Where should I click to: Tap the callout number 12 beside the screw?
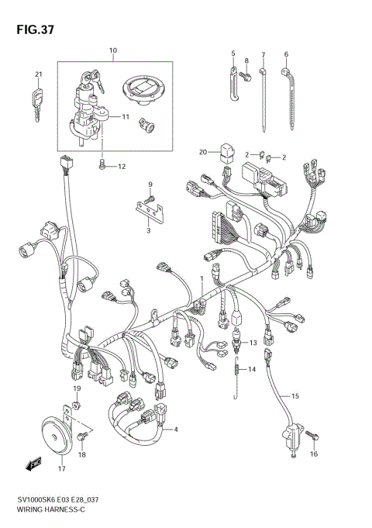pyautogui.click(x=122, y=166)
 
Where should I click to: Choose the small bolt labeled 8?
pyautogui.click(x=245, y=75)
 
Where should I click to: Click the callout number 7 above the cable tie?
pyautogui.click(x=263, y=54)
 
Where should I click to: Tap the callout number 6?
pyautogui.click(x=286, y=54)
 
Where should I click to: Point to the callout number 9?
pyautogui.click(x=151, y=183)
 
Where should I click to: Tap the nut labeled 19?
pyautogui.click(x=77, y=404)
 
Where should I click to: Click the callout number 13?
pyautogui.click(x=250, y=341)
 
